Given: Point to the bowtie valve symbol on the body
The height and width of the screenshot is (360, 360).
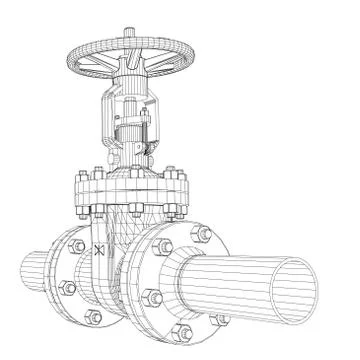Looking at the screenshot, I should [x=97, y=252].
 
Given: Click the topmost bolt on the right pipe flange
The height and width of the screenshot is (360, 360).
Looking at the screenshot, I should [x=202, y=233].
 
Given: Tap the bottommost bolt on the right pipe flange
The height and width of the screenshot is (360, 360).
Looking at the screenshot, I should [x=182, y=331].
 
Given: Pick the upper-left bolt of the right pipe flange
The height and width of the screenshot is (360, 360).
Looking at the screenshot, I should [x=163, y=246].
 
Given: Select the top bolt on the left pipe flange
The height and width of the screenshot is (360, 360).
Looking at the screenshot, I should [x=77, y=246].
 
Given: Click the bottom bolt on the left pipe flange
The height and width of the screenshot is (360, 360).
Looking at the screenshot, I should [x=93, y=316].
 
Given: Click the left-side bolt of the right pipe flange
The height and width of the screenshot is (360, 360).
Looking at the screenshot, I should [x=150, y=296].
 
